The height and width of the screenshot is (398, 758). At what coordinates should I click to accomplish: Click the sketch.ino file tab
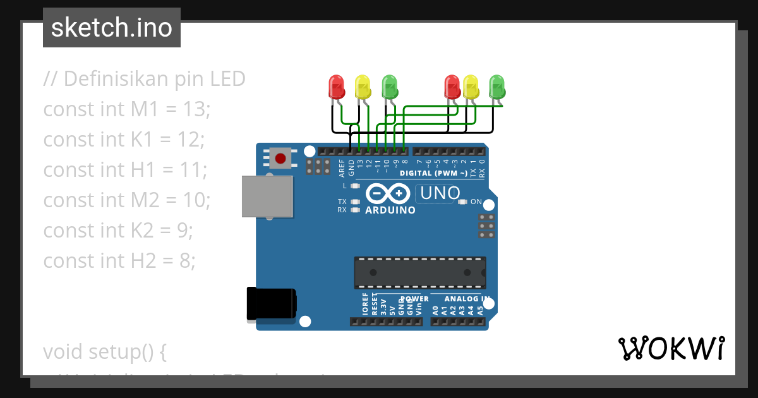[112, 28]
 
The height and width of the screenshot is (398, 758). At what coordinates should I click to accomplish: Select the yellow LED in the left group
[363, 86]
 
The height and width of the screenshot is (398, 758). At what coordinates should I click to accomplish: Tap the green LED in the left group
[390, 86]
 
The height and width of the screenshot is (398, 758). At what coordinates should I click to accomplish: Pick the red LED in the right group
[452, 86]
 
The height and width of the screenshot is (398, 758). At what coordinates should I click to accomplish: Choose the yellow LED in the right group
[471, 86]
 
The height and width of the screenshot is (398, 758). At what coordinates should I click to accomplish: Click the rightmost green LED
[497, 86]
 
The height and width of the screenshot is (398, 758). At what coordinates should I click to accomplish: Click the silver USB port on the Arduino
[267, 196]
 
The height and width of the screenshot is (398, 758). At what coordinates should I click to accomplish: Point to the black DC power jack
[270, 303]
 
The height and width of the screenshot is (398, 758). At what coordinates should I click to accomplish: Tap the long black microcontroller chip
[420, 272]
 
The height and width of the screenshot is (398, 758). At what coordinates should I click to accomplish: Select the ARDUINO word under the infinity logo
[390, 210]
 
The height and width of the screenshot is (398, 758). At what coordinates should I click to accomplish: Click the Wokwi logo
[671, 348]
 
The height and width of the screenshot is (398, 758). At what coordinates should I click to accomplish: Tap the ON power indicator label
[476, 202]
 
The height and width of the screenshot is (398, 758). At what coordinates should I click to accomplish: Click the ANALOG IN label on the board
[467, 299]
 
